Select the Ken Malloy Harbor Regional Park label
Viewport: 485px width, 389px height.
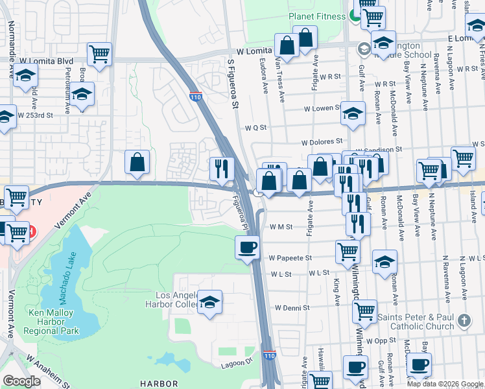(x=51, y=322)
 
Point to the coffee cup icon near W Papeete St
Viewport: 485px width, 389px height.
(x=247, y=248)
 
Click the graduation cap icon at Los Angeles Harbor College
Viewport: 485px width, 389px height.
(x=209, y=302)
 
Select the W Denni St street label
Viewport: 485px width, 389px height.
(x=292, y=307)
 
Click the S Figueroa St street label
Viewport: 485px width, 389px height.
(x=233, y=81)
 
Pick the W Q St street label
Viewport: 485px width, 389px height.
(x=255, y=128)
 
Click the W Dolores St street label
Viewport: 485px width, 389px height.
(x=322, y=141)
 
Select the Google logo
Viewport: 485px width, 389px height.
(x=21, y=381)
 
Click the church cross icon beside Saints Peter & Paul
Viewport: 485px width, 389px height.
(x=464, y=320)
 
